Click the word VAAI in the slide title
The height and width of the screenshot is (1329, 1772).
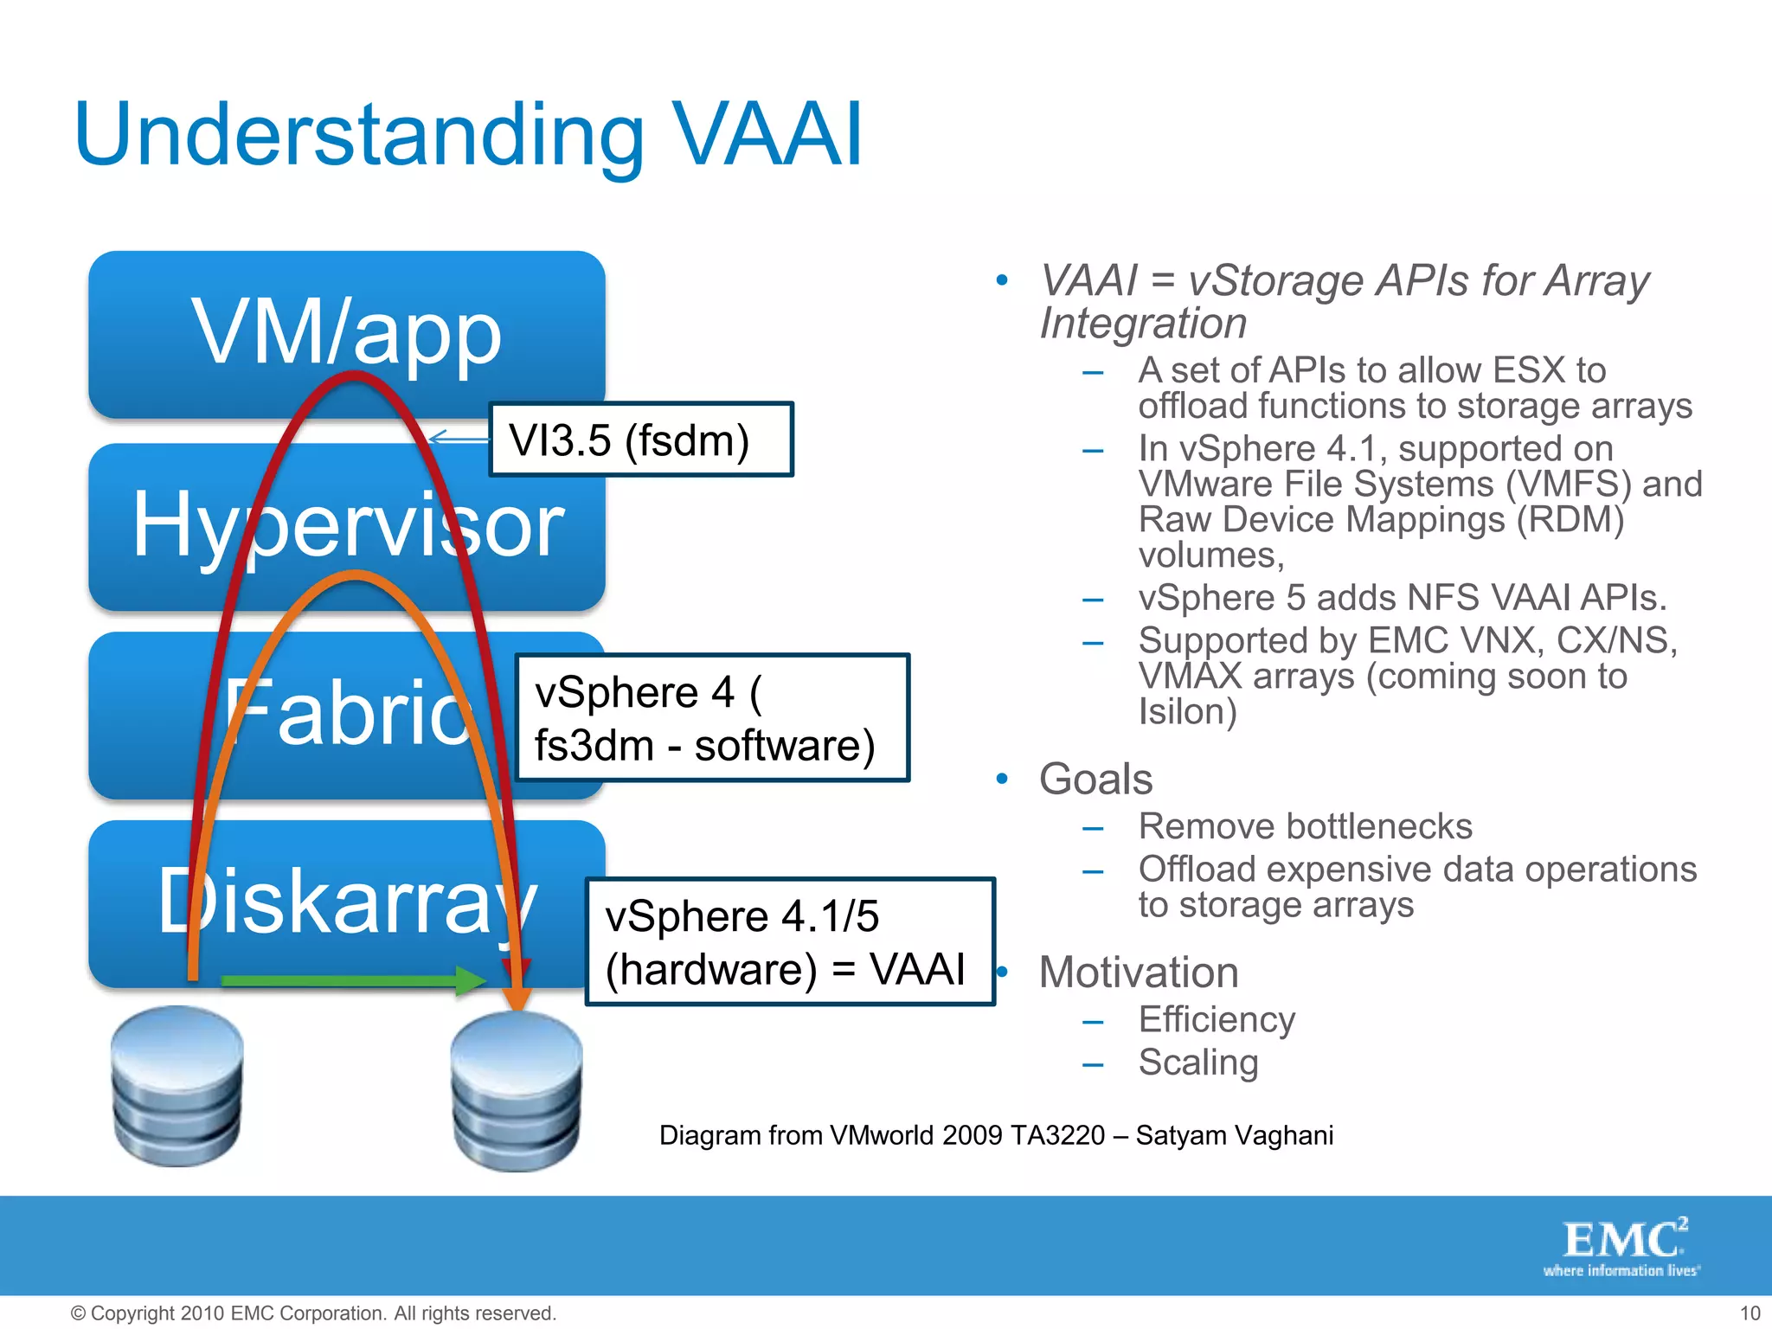767,135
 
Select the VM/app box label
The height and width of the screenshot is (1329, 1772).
346,333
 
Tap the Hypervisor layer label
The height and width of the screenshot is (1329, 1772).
346,524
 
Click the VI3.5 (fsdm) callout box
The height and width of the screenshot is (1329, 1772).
640,440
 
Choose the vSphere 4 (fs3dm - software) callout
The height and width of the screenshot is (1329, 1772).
711,718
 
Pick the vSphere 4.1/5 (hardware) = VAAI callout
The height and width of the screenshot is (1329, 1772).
789,941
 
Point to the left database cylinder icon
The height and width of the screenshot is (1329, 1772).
177,1086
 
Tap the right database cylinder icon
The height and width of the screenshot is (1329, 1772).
517,1092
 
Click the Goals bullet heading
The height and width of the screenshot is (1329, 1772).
1095,779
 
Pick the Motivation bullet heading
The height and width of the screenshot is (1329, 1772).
1139,972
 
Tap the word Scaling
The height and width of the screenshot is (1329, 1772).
1198,1063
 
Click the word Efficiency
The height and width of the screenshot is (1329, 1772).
1217,1019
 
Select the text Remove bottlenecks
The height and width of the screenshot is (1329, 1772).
1305,826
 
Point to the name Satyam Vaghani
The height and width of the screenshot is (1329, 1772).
1234,1135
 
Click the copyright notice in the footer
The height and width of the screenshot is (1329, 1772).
313,1313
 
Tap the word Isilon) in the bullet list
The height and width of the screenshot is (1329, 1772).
1187,712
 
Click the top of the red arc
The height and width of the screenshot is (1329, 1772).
354,376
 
